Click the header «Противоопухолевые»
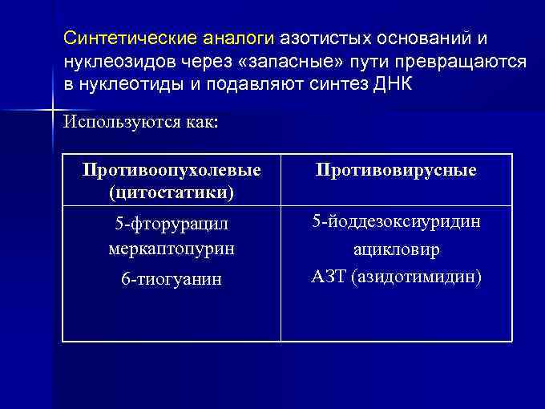tap(172, 171)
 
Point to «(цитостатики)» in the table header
tap(172, 192)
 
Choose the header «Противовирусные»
tap(396, 171)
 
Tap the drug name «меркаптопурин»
tap(172, 249)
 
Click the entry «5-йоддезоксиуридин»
tap(396, 221)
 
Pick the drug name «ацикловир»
tap(396, 250)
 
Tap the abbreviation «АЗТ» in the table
tap(328, 277)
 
